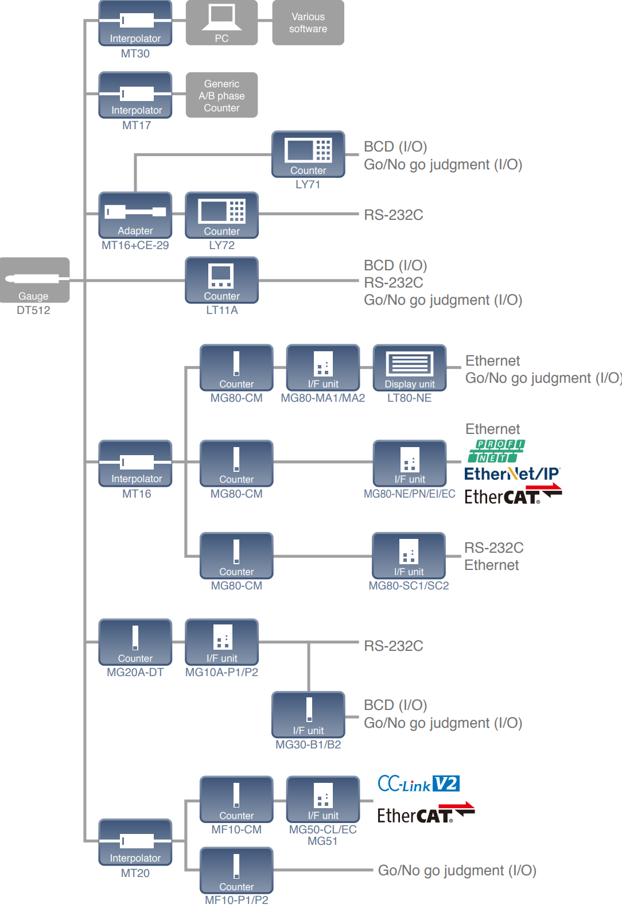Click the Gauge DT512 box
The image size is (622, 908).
point(34,280)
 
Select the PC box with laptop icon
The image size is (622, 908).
point(221,23)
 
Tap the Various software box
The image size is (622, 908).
point(308,23)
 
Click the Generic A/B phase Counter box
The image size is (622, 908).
point(221,95)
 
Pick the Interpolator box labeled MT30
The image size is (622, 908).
point(135,23)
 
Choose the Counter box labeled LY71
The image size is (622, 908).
point(308,154)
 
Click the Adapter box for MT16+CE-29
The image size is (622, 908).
point(135,215)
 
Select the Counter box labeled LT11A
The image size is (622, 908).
point(221,280)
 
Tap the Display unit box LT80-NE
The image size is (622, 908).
point(409,367)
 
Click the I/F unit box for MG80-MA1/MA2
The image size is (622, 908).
point(323,367)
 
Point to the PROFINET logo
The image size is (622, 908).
point(496,451)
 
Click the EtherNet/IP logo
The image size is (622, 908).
point(512,474)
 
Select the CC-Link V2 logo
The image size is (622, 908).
point(418,784)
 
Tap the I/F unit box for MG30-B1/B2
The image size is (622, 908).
point(308,715)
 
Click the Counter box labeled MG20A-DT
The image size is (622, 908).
point(135,642)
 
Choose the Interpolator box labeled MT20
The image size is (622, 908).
point(135,842)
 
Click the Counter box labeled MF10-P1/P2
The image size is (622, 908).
point(236,870)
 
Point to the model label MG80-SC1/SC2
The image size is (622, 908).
point(409,586)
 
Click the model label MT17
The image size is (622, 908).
point(137,125)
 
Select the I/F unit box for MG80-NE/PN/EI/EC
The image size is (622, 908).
point(409,463)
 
